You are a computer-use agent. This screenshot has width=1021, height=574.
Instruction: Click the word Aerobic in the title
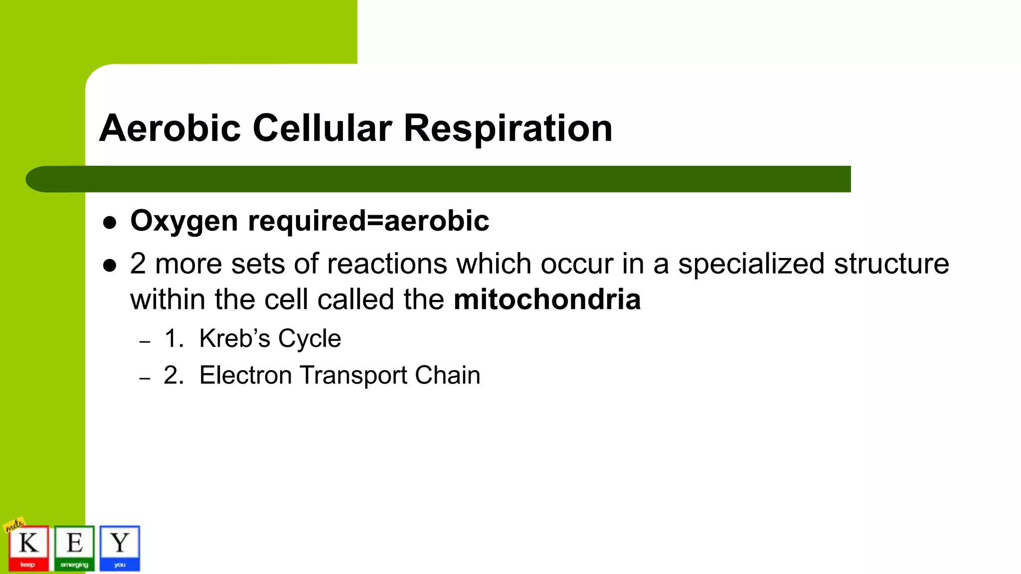pyautogui.click(x=170, y=128)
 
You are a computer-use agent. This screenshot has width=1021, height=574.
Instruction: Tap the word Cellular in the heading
pyautogui.click(x=322, y=128)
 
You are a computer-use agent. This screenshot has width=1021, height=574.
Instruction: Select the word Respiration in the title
pyautogui.click(x=508, y=128)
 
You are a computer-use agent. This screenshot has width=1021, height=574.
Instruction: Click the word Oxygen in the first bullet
pyautogui.click(x=184, y=221)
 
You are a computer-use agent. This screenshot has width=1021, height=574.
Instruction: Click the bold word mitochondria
pyautogui.click(x=547, y=299)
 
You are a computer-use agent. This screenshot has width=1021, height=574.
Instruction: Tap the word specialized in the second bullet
pyautogui.click(x=751, y=264)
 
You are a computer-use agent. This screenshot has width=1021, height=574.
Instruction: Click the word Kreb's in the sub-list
pyautogui.click(x=234, y=339)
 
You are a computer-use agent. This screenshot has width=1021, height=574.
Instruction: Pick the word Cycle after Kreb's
pyautogui.click(x=310, y=339)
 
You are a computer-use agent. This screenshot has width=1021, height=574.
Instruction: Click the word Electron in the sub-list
pyautogui.click(x=245, y=375)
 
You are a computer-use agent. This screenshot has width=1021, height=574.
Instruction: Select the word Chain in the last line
pyautogui.click(x=447, y=375)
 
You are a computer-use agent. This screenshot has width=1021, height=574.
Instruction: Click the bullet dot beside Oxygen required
pyautogui.click(x=110, y=222)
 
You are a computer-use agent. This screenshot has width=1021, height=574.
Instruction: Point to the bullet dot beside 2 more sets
pyautogui.click(x=110, y=266)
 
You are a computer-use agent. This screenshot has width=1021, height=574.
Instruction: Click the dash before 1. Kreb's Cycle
pyautogui.click(x=145, y=342)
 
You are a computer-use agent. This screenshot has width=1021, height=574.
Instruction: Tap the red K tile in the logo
pyautogui.click(x=28, y=548)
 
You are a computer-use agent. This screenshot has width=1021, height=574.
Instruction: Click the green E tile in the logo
pyautogui.click(x=74, y=548)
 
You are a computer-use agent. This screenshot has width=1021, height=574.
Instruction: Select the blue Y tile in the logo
pyautogui.click(x=120, y=548)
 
